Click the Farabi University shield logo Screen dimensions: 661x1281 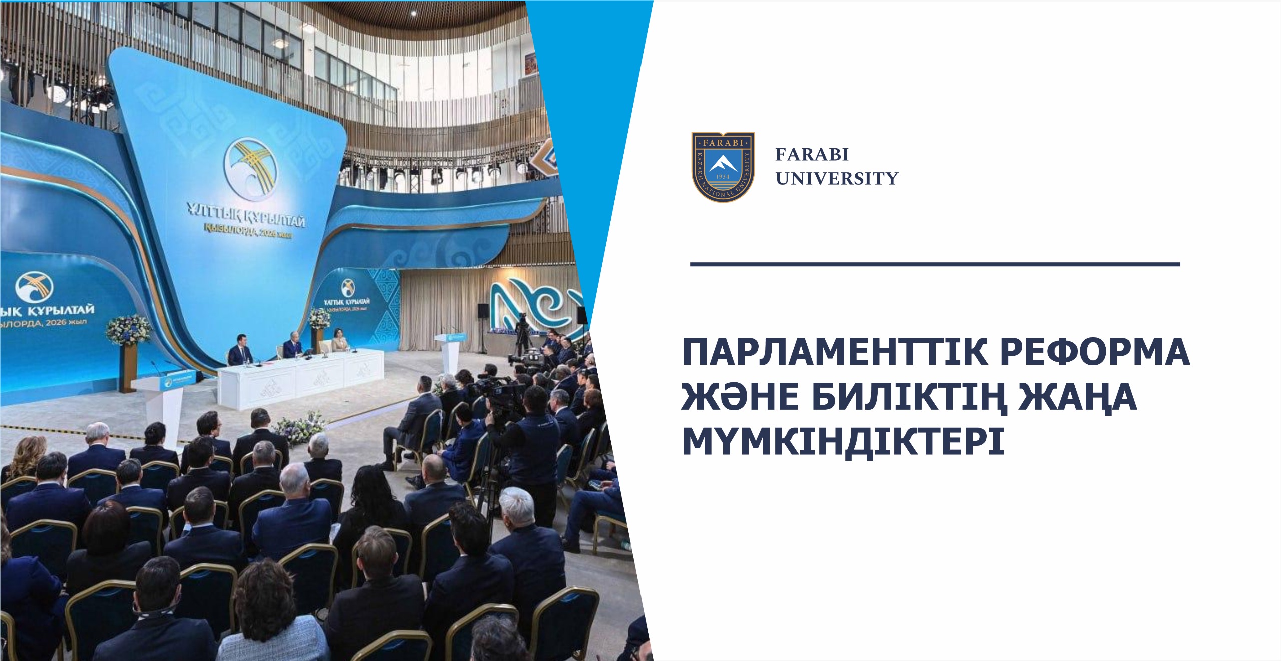pyautogui.click(x=723, y=167)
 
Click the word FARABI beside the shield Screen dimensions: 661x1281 pyautogui.click(x=812, y=155)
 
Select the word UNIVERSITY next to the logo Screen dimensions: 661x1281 pyautogui.click(x=837, y=179)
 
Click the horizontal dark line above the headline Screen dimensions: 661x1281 pyautogui.click(x=935, y=264)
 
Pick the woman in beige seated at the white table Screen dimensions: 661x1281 pyautogui.click(x=338, y=345)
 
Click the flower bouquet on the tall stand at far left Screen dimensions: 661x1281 pyautogui.click(x=128, y=330)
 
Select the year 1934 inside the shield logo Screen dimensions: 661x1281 pyautogui.click(x=722, y=176)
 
